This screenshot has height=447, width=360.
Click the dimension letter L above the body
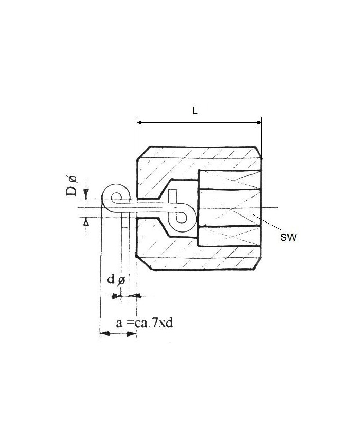pyautogui.click(x=196, y=111)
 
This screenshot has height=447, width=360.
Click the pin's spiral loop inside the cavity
pyautogui.click(x=183, y=218)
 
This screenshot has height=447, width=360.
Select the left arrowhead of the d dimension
pyautogui.click(x=117, y=296)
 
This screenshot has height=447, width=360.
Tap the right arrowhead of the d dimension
pyautogui.click(x=136, y=296)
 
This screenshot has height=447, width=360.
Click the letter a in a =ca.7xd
pyautogui.click(x=119, y=324)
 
